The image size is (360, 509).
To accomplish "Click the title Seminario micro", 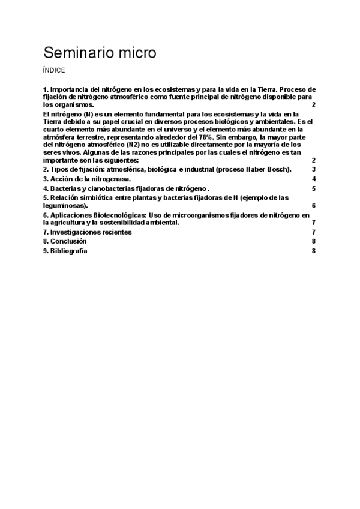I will pyautogui.click(x=100, y=53).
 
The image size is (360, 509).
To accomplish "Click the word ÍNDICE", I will pyautogui.click(x=54, y=70).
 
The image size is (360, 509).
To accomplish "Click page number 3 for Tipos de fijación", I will pyautogui.click(x=314, y=170).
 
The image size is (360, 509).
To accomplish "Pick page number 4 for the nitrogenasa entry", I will pyautogui.click(x=314, y=179).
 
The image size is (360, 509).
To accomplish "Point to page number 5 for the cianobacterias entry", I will pyautogui.click(x=314, y=188).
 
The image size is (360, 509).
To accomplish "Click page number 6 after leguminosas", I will pyautogui.click(x=314, y=206).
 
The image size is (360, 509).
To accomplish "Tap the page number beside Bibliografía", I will pyautogui.click(x=314, y=251).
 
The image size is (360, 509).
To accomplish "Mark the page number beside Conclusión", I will pyautogui.click(x=314, y=241).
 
